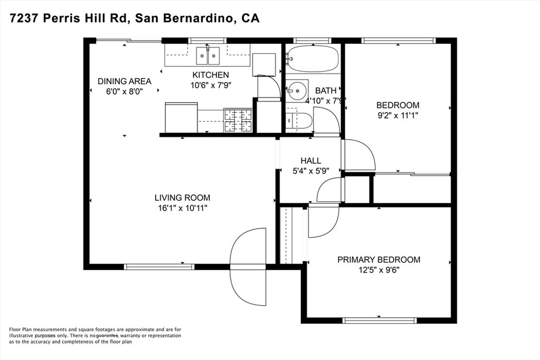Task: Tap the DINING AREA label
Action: click(124, 81)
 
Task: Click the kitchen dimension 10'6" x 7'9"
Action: click(210, 84)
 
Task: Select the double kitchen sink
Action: click(208, 55)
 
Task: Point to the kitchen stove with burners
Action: click(238, 120)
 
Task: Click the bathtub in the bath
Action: click(312, 59)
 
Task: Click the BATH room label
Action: click(325, 91)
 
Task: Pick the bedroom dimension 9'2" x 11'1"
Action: click(397, 114)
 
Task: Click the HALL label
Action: click(311, 161)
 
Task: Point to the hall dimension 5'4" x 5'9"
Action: click(311, 170)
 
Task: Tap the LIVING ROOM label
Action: click(182, 198)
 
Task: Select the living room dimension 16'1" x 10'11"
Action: click(182, 208)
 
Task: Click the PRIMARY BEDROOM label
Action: click(379, 259)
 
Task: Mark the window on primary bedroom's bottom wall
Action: click(379, 320)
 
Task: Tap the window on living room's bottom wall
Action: click(159, 267)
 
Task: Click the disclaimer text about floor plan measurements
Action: click(95, 335)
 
